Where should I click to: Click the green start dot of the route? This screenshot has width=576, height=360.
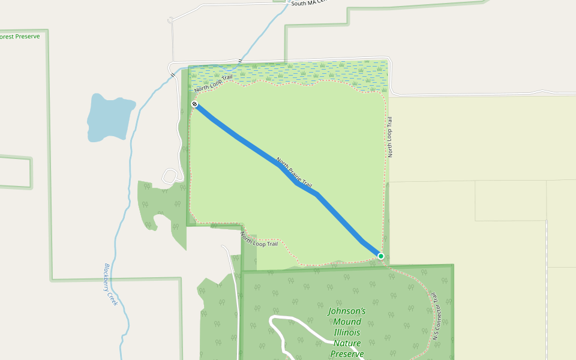[380, 256]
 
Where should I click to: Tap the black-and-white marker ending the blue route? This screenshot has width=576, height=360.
[195, 104]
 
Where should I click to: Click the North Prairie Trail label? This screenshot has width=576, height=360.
[294, 172]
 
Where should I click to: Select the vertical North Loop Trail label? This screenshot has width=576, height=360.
[390, 137]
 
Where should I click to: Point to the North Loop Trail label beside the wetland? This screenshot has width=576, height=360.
[213, 83]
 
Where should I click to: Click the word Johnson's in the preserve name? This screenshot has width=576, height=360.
[347, 311]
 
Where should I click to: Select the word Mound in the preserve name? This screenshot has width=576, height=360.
[347, 322]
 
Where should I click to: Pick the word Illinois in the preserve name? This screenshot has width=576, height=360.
[347, 333]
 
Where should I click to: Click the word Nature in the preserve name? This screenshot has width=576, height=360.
[347, 344]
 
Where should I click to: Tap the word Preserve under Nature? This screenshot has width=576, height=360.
[347, 354]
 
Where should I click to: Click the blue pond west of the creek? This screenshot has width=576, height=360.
[111, 117]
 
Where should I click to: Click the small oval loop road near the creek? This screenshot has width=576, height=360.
[170, 176]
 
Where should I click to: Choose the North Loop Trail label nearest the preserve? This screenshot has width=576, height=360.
[260, 239]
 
